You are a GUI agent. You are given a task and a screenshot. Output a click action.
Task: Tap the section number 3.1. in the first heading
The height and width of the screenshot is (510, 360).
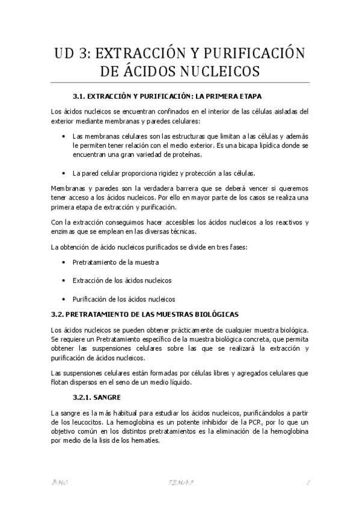point(81,96)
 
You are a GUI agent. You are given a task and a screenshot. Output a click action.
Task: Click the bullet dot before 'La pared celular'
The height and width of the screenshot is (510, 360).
point(64,173)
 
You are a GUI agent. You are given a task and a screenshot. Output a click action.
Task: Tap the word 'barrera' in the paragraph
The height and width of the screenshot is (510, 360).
point(191,188)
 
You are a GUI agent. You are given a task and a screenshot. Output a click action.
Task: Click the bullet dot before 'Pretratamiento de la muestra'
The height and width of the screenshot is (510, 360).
point(64,263)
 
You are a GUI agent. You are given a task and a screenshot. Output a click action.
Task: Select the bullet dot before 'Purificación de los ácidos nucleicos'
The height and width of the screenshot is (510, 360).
point(64,298)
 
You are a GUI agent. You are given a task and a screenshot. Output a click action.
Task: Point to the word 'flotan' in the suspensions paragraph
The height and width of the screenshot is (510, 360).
point(60,382)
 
